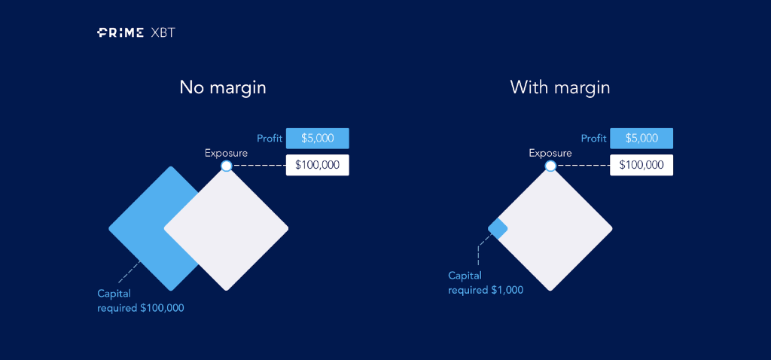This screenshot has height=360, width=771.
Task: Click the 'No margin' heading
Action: point(222,87)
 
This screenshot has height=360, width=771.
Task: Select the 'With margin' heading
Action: point(559,87)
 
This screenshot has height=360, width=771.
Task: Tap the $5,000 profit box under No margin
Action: point(317,139)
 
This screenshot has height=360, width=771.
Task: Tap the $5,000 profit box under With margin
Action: point(641,139)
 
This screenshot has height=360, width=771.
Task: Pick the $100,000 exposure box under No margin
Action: point(317,165)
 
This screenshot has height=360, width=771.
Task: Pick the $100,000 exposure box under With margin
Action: point(641,165)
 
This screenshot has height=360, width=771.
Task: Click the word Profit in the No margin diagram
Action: point(269,139)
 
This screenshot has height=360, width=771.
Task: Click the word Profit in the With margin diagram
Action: point(593,139)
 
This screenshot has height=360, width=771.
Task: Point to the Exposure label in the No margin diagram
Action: point(226,153)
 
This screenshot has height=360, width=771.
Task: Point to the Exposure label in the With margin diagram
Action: point(550,153)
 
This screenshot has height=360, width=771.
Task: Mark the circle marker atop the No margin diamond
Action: point(226,166)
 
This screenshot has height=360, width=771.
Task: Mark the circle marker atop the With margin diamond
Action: point(550,166)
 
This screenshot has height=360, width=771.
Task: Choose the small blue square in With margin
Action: point(498,228)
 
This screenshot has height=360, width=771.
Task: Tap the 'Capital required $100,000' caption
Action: point(141,301)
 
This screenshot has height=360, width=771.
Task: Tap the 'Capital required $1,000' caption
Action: point(485,282)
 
